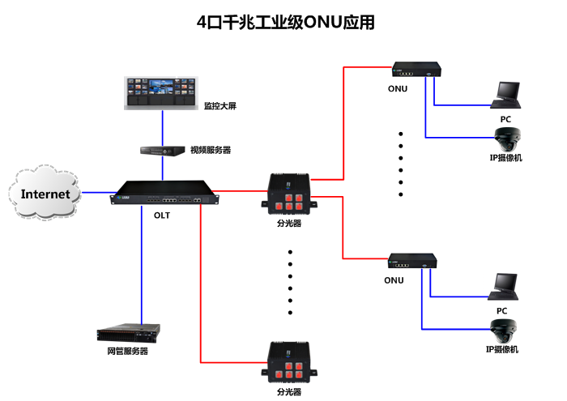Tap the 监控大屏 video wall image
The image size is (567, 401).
coord(161,93)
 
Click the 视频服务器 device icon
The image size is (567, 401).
coord(162,151)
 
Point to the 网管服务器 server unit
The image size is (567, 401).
coord(128,332)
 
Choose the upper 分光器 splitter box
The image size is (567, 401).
coord(289,194)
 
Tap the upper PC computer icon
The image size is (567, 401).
coord(507,93)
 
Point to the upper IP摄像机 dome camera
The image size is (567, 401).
coord(509,137)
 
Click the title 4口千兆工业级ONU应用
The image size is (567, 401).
coord(286,23)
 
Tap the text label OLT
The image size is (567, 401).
coord(162,215)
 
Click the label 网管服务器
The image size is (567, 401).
coord(128,352)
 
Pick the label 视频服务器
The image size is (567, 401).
coord(211,151)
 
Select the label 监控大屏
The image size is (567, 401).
coord(220,106)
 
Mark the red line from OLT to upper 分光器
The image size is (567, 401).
coord(243,192)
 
